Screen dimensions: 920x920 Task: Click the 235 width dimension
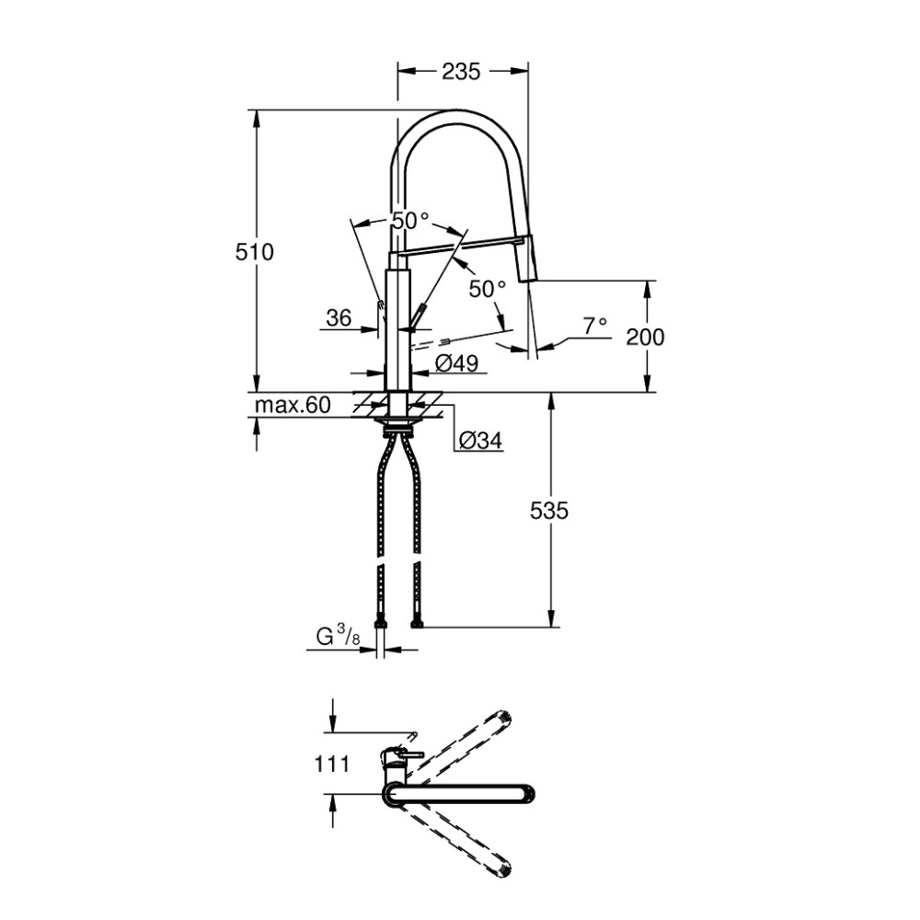coord(461,71)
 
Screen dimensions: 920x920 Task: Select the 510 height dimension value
coord(255,252)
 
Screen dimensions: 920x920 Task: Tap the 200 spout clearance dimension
coord(645,337)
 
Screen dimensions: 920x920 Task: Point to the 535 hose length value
coord(549,511)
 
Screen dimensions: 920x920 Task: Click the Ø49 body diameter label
coord(457,363)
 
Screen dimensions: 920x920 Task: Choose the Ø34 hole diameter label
coord(480,440)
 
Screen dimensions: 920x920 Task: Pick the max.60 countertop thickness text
coord(293,405)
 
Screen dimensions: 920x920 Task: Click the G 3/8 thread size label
coord(338,637)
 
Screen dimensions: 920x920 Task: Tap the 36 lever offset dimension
coord(339,318)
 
